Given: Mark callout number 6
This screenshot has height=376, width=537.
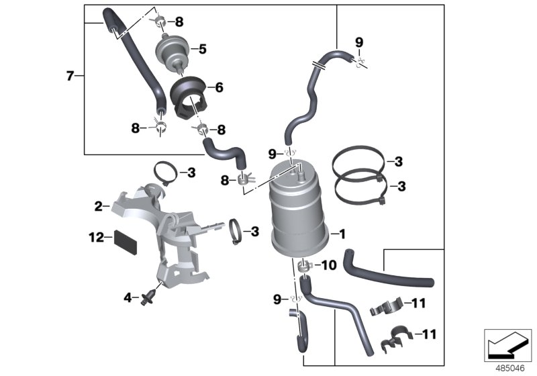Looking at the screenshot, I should pyautogui.click(x=219, y=87).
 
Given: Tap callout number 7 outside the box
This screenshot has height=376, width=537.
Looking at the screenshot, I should pyautogui.click(x=69, y=76).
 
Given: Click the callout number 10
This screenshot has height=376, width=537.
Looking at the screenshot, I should pyautogui.click(x=329, y=266).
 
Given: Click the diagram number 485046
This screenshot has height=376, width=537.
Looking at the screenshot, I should pyautogui.click(x=508, y=367).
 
